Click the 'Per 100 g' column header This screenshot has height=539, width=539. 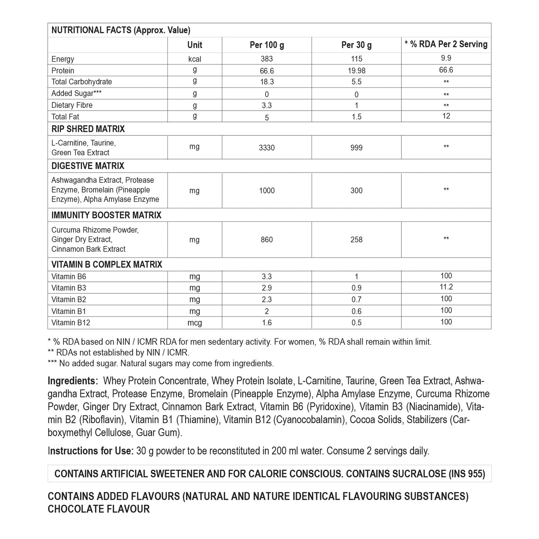click(x=267, y=45)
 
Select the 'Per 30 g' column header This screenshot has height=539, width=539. click(x=357, y=45)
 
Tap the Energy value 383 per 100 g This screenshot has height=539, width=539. click(x=267, y=59)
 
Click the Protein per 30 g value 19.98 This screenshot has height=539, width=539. click(x=357, y=70)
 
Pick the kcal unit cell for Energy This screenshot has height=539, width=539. click(x=194, y=59)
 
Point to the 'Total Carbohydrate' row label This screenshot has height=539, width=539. click(x=82, y=82)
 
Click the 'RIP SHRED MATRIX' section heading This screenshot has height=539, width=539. click(x=88, y=129)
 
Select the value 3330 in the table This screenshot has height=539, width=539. click(x=267, y=148)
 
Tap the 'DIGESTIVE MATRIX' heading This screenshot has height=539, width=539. click(x=88, y=166)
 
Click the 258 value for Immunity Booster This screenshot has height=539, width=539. click(x=357, y=239)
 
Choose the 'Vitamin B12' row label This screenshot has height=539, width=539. click(x=71, y=323)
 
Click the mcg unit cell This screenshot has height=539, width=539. click(x=194, y=323)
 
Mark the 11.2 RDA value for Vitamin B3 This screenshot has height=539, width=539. click(x=446, y=287)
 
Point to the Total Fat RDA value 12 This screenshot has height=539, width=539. click(x=446, y=116)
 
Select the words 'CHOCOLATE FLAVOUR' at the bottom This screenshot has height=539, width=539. click(x=99, y=509)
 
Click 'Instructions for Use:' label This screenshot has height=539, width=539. click(x=90, y=451)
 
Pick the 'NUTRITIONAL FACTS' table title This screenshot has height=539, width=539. click(x=91, y=30)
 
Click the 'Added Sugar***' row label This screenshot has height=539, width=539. click(x=77, y=94)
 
